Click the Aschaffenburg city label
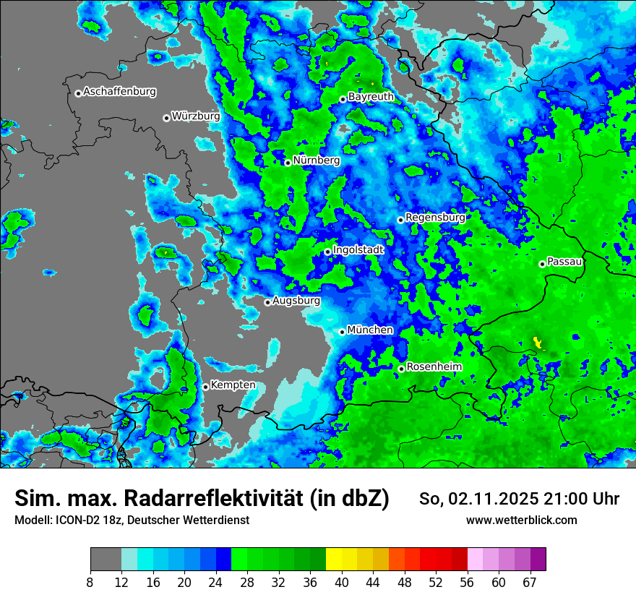[x=119, y=92]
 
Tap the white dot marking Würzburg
[x=166, y=118]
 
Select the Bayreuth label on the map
[x=371, y=97]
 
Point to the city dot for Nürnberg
[x=288, y=163]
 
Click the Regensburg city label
[x=435, y=217]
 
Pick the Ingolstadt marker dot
[x=327, y=252]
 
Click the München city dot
[x=343, y=332]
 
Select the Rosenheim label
[x=434, y=367]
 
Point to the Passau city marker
[x=542, y=264]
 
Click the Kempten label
[x=233, y=385]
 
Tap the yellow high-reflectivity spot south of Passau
[x=537, y=340]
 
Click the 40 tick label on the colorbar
[x=341, y=582]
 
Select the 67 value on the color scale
[x=530, y=582]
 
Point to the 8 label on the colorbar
[x=90, y=582]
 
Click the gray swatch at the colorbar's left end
[x=106, y=560]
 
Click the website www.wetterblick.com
[x=522, y=520]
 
